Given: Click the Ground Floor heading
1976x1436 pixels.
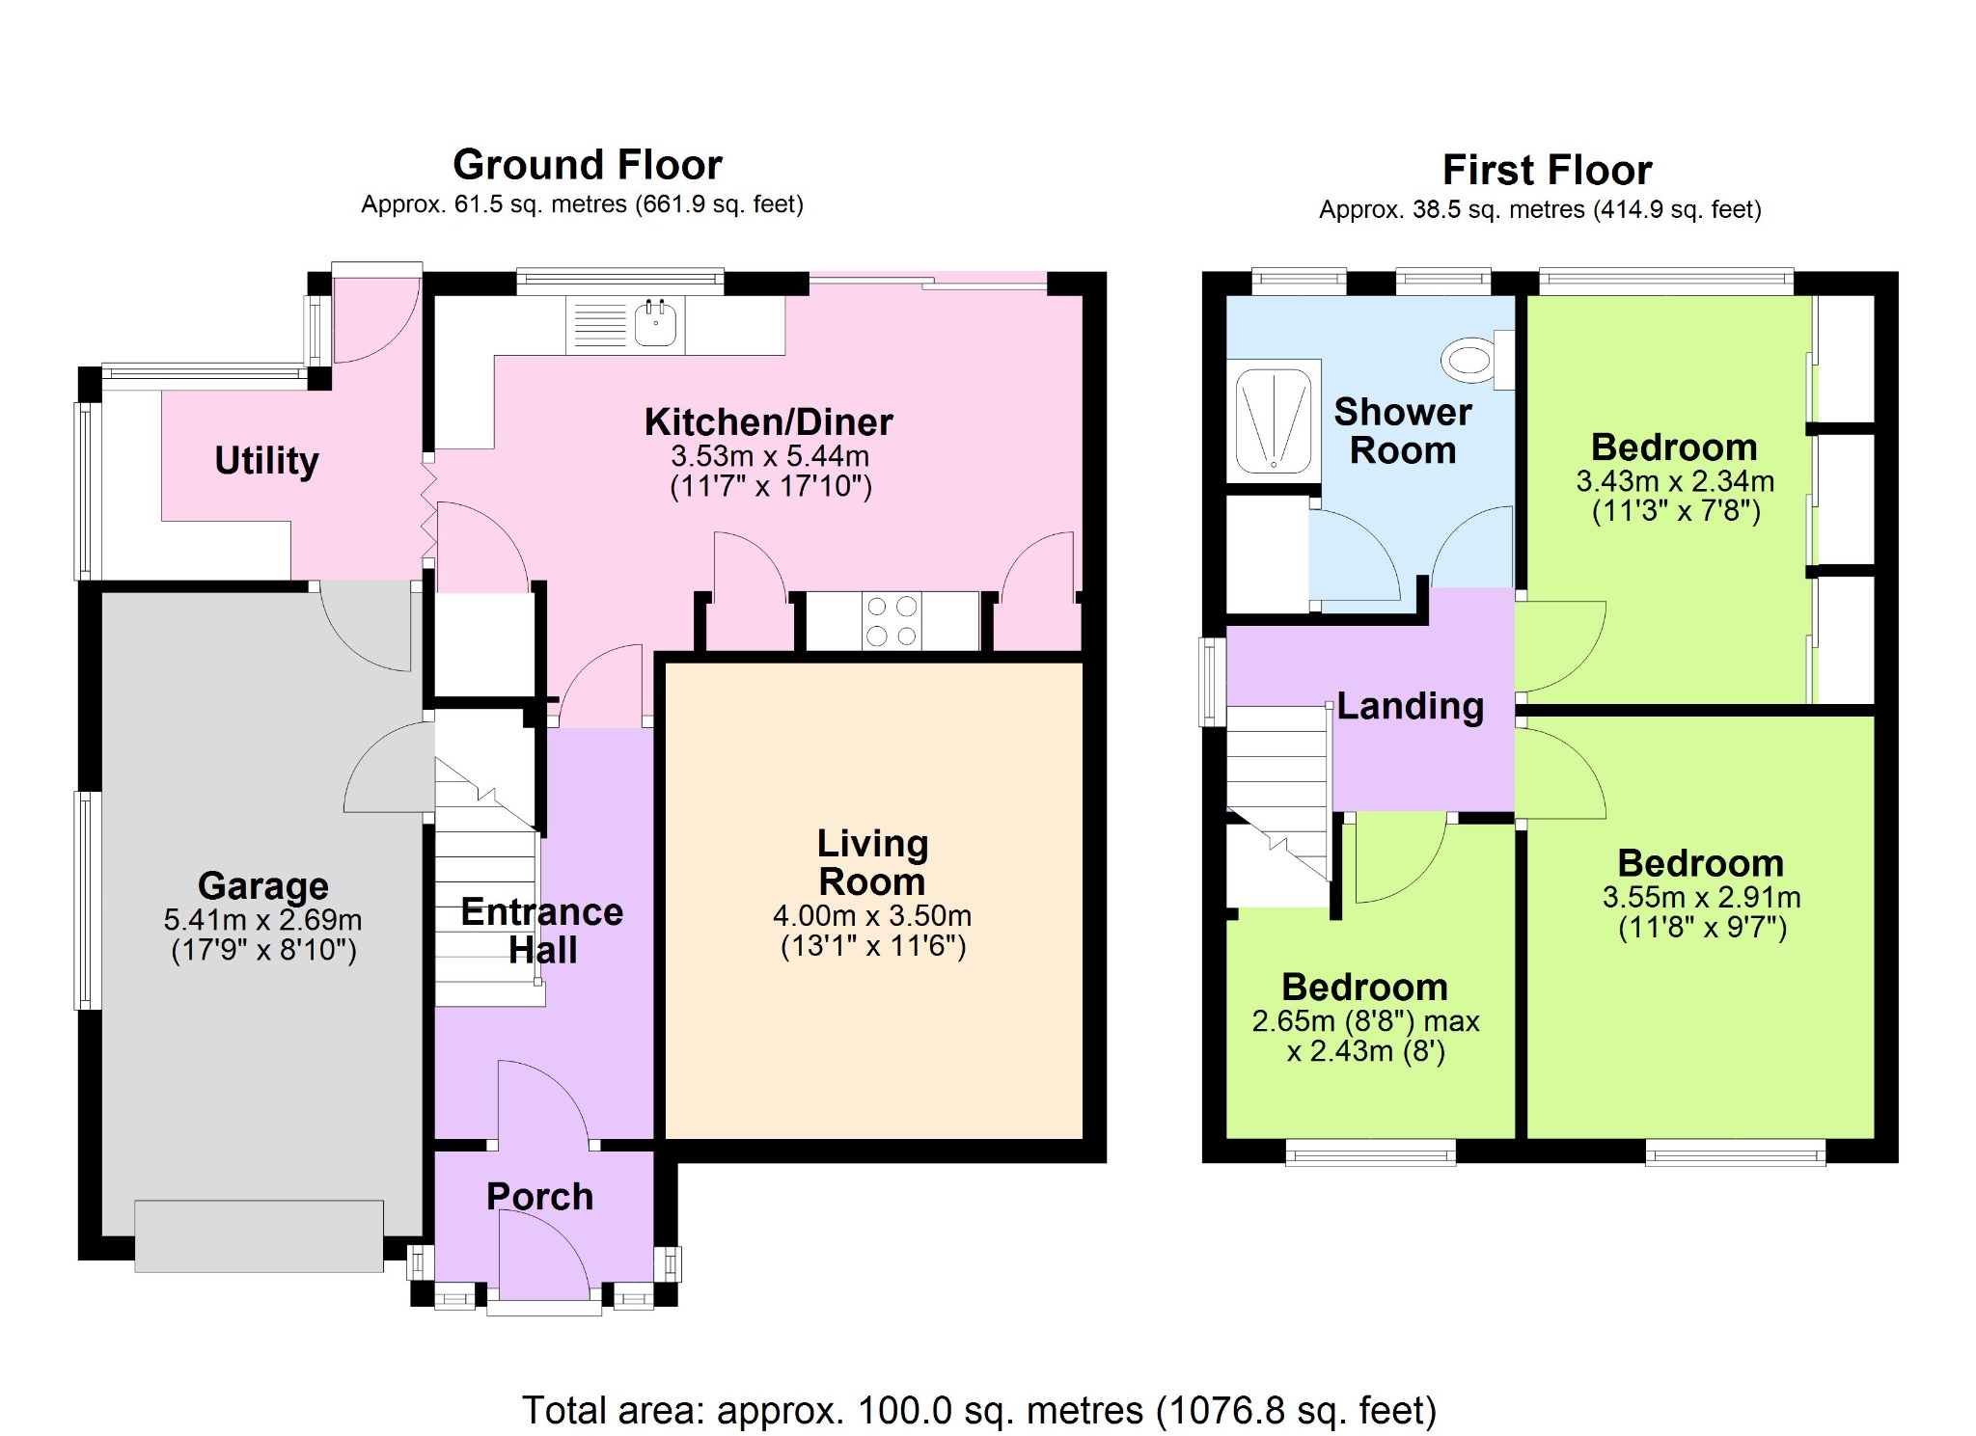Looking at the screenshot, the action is [588, 165].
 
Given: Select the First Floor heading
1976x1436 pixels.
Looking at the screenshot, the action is [1547, 171].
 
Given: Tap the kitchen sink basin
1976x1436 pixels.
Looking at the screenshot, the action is [655, 323].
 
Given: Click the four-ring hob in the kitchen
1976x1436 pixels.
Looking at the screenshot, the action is [892, 621].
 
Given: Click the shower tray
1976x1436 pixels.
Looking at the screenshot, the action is [1274, 420].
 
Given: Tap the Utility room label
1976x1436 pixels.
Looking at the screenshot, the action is [266, 460].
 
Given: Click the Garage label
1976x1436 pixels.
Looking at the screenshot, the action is [263, 885].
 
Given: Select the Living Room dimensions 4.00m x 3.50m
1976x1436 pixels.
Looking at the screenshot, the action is [872, 915].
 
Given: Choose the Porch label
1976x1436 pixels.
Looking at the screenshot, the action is [539, 1196].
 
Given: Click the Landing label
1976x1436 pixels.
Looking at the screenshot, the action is [1410, 706].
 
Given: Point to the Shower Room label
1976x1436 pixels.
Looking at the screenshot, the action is [1403, 431].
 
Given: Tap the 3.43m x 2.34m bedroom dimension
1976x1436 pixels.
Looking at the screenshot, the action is [1675, 480].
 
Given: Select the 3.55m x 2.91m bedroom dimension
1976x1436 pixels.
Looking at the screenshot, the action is [1701, 897].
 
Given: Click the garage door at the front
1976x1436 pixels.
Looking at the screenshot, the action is [259, 1235].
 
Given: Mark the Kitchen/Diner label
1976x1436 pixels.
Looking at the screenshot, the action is [769, 422].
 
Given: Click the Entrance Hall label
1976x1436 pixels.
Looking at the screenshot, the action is [542, 931].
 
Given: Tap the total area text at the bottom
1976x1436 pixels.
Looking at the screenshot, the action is [979, 1410].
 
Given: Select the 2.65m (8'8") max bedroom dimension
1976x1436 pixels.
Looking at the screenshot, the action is [1365, 1020].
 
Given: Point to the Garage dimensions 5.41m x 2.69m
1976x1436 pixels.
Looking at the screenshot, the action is [263, 919].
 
